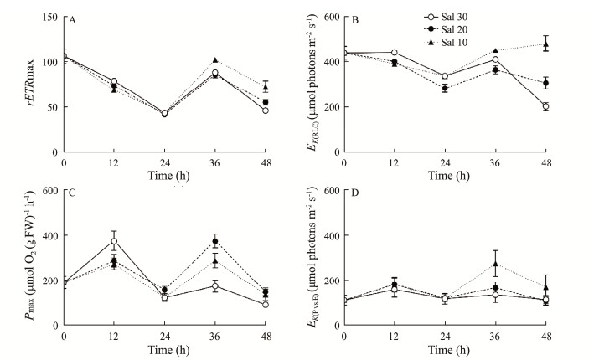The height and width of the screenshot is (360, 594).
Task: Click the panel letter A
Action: (x=73, y=22)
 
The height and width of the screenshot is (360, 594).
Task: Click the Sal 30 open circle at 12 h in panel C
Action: (x=114, y=241)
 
